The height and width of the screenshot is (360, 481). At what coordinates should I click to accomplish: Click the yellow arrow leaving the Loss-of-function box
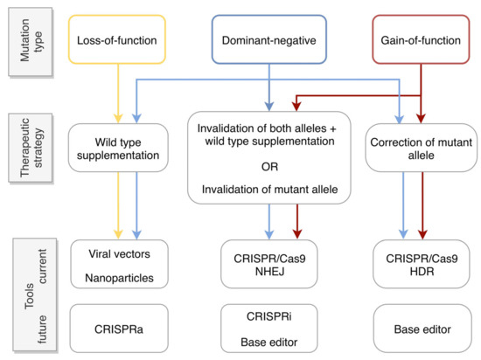click(116, 87)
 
